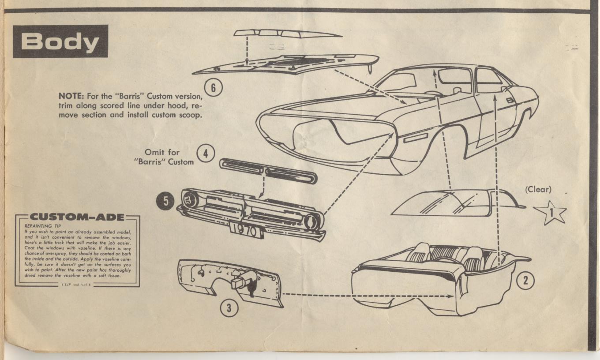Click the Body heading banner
[x=60, y=41]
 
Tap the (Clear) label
[x=538, y=190]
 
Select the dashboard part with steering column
[x=229, y=282]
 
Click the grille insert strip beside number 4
[x=268, y=171]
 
